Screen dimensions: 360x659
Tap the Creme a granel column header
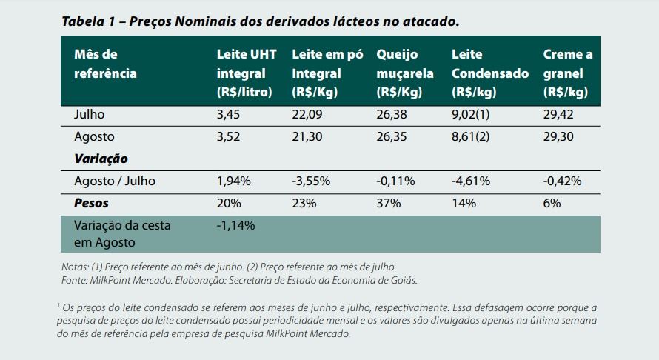(568, 73)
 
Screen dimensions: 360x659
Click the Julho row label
(90, 115)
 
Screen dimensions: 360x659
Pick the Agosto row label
(94, 137)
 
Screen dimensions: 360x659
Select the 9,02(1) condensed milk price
(471, 115)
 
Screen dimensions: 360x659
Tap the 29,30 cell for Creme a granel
(558, 137)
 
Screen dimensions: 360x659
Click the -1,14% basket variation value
(235, 225)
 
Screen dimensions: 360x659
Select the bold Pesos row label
(91, 203)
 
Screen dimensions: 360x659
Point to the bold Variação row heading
(101, 159)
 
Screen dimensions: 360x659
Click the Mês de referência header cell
(105, 64)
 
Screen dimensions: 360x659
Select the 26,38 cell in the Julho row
(392, 115)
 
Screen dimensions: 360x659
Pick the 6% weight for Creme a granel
(552, 203)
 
